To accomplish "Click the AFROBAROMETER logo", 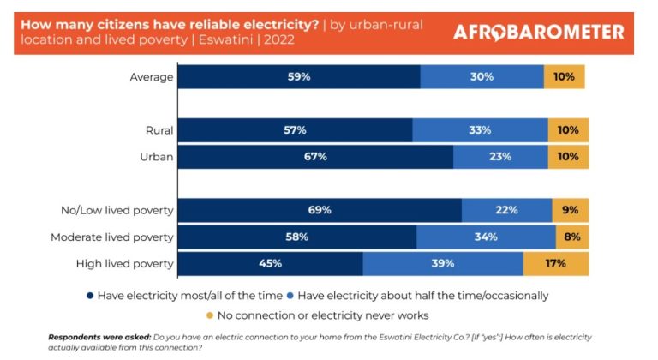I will pos(538,32).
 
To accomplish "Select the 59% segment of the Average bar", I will pos(299,76).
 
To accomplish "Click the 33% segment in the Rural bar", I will pos(480,130).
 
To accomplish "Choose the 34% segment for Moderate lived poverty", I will pos(485,237).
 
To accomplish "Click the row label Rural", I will pos(159,131).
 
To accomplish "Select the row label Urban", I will pos(157,157).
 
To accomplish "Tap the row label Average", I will pos(152,77).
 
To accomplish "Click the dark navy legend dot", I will pos(89,295).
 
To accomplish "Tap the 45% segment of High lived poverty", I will pos(270,263).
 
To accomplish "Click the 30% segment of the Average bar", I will pos(482,76).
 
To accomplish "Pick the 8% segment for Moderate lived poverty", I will pos(572,237).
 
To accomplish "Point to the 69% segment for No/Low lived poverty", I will pos(320,210).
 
